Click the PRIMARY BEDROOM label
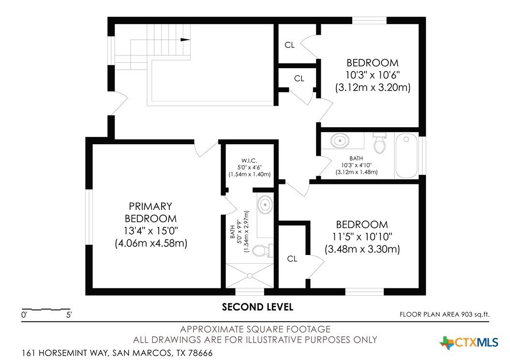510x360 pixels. point(150,212)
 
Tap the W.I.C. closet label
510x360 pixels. point(250,161)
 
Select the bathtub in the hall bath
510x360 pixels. point(406,155)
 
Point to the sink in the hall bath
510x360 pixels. point(340,140)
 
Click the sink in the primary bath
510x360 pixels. point(266,204)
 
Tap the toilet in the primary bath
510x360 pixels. point(263,250)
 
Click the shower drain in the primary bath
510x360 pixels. point(250,276)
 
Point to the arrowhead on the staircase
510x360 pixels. point(185,40)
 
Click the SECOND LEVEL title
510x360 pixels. point(257,307)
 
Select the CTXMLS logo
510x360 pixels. point(469,343)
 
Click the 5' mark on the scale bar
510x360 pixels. point(69,315)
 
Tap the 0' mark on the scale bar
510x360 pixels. point(24,315)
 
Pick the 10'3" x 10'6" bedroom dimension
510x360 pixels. point(373,75)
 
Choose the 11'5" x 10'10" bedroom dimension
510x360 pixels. point(362,237)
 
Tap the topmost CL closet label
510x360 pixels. point(289,45)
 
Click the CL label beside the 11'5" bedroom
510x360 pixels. point(292,258)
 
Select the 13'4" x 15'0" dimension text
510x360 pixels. point(151,231)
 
